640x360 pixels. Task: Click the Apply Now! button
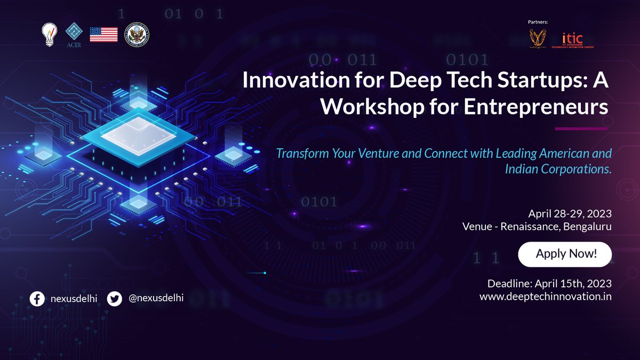coord(565,254)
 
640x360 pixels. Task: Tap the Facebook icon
coord(37,298)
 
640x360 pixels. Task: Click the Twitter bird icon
coord(115,298)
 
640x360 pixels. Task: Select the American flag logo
coord(103,35)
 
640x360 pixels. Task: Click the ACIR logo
coord(74,35)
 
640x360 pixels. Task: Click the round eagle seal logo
coord(137,35)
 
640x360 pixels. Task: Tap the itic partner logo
coord(572,40)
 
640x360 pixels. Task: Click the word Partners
coord(538,22)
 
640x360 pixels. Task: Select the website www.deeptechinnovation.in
coord(545,297)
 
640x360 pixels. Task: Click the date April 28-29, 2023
coord(570,214)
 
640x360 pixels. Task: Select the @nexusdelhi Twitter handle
coord(156,298)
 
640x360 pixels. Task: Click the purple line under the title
coord(581,129)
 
